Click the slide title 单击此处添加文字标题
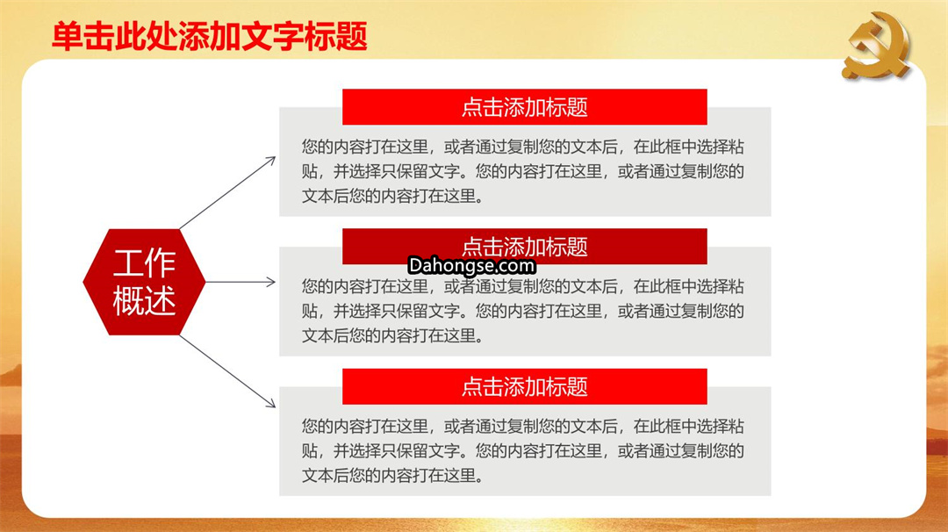tap(209, 36)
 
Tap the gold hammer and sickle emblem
tap(876, 46)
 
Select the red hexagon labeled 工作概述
tap(144, 282)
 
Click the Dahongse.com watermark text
tap(471, 265)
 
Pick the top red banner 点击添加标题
tap(524, 107)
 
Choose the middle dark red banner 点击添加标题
tap(524, 246)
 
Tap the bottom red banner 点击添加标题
tap(524, 386)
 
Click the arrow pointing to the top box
tap(228, 193)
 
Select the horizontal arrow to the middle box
tap(241, 282)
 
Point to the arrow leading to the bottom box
tap(228, 371)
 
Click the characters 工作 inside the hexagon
tap(144, 263)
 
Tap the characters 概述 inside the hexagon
tap(144, 300)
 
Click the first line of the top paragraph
tap(523, 147)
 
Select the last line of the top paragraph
tap(392, 196)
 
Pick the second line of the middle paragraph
tap(523, 311)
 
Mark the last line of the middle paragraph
tap(392, 335)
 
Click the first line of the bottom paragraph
tap(523, 426)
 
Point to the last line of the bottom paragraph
tap(392, 475)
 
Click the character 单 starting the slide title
tap(67, 36)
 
